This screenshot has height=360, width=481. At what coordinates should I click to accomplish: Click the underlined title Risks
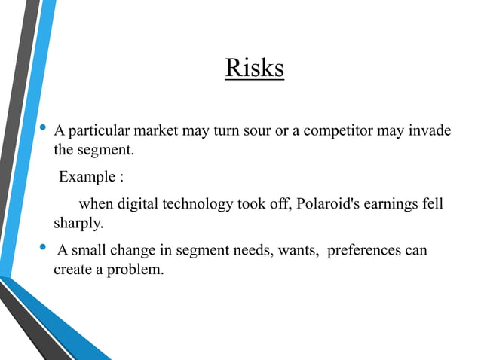pos(254,69)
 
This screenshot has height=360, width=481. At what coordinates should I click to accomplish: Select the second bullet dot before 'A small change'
pos(43,249)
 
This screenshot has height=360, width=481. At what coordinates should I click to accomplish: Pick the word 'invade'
pos(430,132)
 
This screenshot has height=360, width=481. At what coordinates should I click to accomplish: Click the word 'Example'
pos(86,178)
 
